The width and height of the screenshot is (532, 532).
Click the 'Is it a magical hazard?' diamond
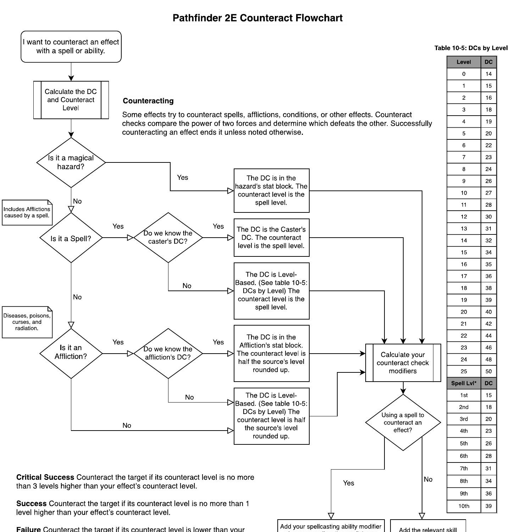coord(71,162)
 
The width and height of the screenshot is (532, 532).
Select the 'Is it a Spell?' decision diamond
coord(71,238)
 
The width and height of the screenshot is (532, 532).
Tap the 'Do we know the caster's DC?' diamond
coord(168,238)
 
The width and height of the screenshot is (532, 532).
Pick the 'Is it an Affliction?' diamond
coord(71,353)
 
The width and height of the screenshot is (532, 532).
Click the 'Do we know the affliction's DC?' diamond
coord(168,353)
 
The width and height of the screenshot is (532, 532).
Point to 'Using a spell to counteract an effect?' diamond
coord(403,422)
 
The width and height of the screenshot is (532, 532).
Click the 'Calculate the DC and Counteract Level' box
coord(71,100)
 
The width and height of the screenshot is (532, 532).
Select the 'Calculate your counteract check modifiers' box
coord(403,363)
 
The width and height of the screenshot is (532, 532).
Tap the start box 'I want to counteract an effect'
coord(71,46)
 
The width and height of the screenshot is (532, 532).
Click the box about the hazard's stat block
coord(271,190)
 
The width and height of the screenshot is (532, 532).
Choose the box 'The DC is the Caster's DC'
coord(271,238)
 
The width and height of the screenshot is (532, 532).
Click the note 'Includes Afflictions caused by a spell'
coord(27,212)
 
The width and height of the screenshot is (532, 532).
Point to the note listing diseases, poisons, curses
coord(27,322)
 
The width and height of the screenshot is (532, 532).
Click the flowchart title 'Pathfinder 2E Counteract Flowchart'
coord(257,18)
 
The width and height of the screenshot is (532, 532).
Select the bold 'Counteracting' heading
coord(148,101)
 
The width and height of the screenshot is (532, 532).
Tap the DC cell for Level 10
coord(488,193)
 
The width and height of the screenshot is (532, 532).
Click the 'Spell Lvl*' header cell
coord(464,383)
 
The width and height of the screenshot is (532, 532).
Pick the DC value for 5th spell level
coord(488,443)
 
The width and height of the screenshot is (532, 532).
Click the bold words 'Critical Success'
coord(45,477)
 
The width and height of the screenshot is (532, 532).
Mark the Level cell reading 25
coord(464,371)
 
